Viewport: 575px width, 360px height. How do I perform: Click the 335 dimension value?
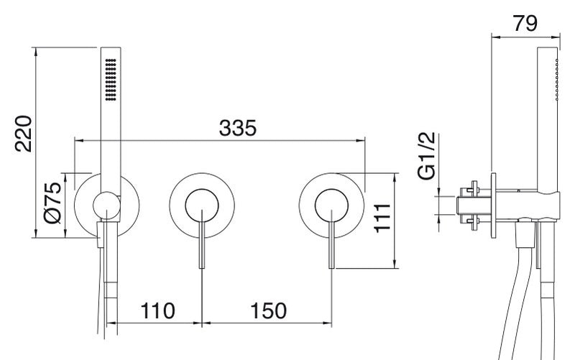click(x=238, y=128)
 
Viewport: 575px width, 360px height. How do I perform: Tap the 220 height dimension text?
click(x=24, y=134)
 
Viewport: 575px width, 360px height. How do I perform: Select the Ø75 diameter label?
click(x=52, y=203)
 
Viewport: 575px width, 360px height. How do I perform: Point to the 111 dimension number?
click(x=382, y=218)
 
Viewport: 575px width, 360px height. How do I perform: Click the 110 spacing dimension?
click(x=157, y=311)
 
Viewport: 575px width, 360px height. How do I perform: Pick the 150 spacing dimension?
click(x=268, y=311)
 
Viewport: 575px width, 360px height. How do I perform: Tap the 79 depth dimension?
click(x=525, y=23)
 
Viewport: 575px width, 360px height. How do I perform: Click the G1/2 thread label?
click(x=426, y=155)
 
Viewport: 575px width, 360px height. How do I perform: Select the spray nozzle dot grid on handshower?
click(x=111, y=79)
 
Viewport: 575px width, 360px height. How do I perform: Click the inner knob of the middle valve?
click(x=202, y=206)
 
